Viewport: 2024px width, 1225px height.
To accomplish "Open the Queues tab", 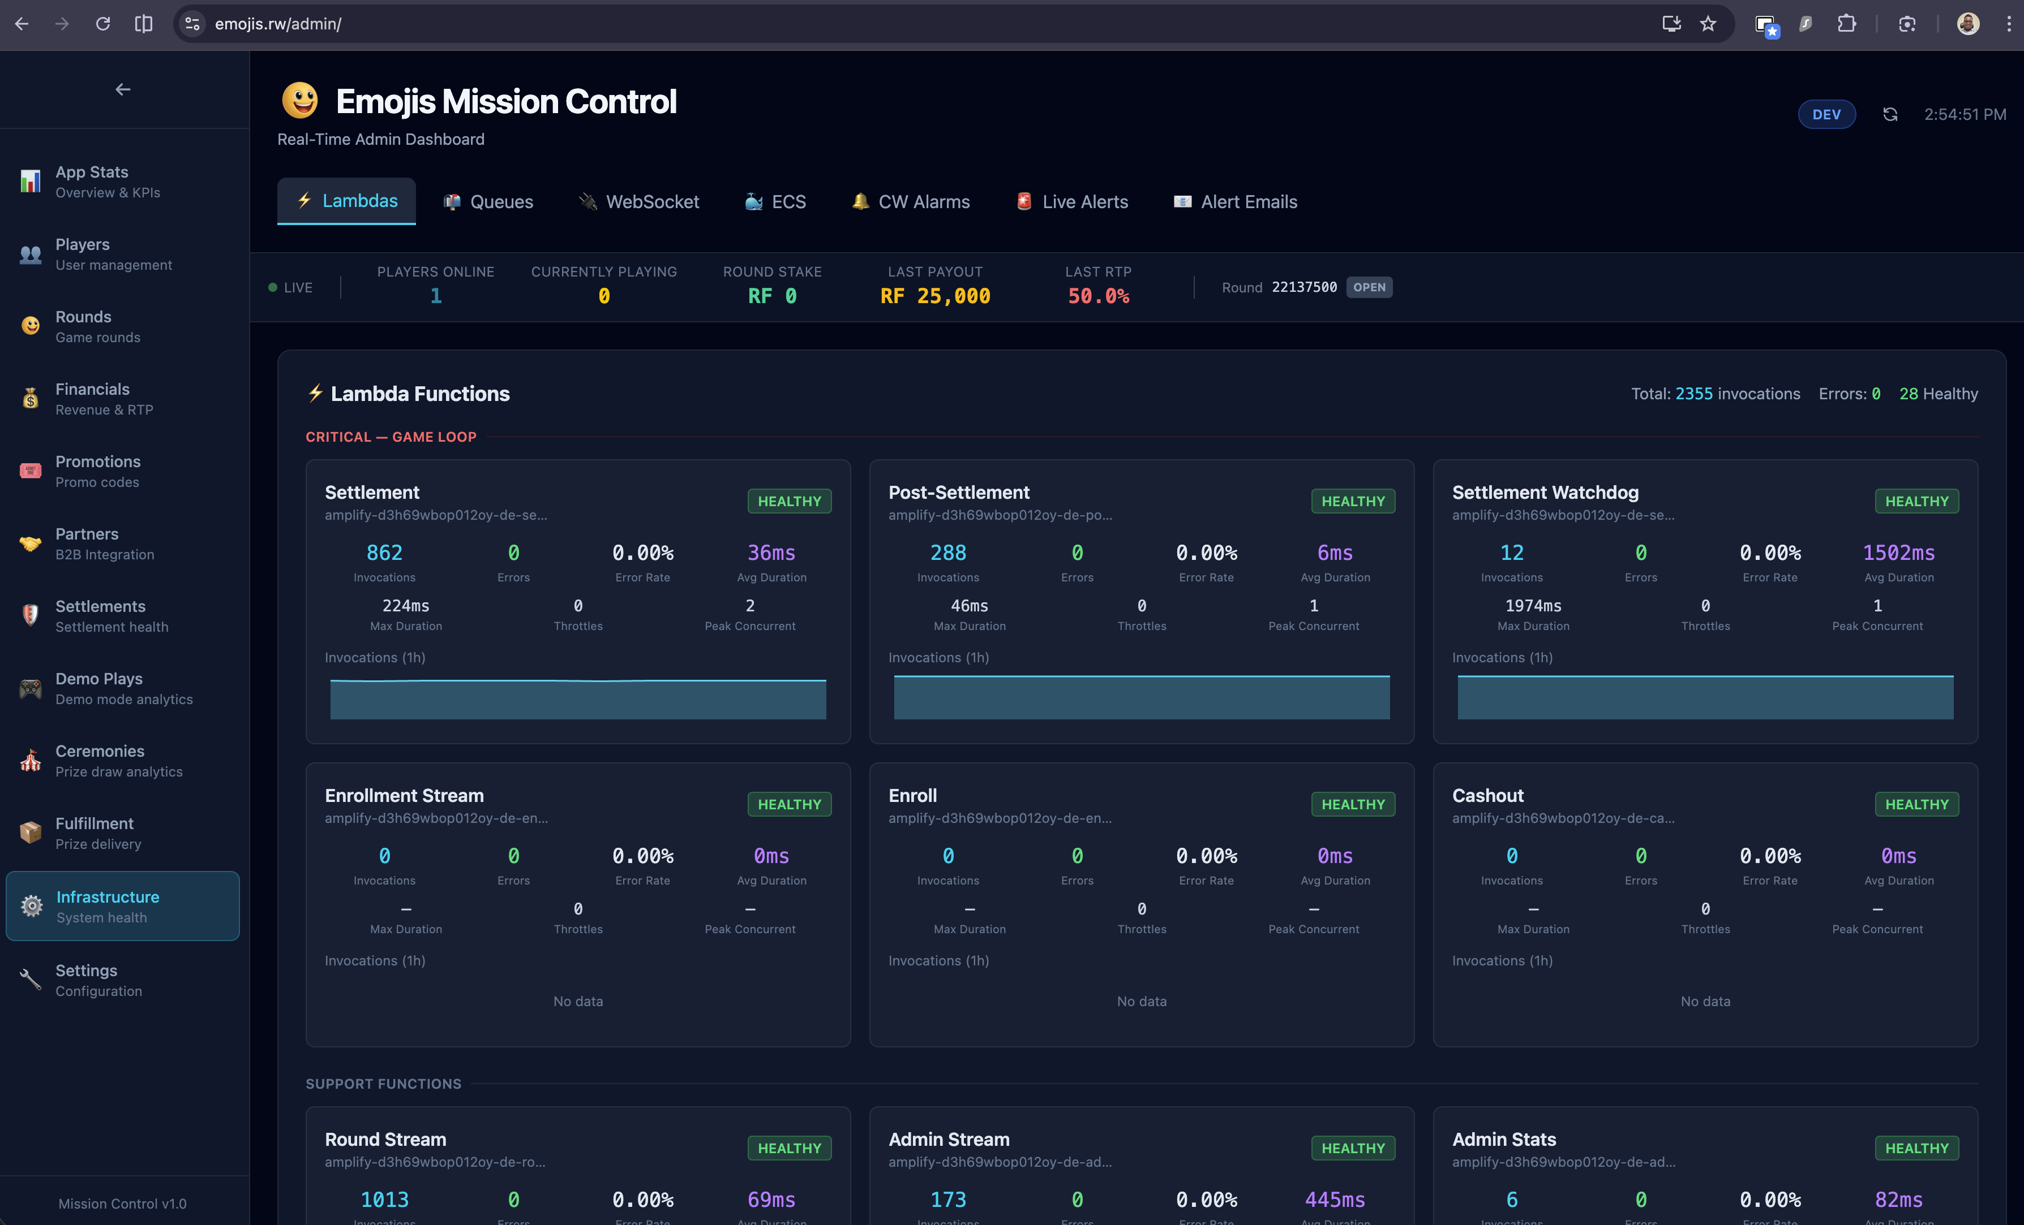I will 489,202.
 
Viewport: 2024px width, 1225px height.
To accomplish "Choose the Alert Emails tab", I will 1236,202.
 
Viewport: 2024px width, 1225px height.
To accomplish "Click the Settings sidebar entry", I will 86,980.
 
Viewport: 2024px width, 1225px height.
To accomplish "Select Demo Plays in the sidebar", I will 98,688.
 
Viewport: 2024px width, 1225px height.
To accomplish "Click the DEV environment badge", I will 1826,115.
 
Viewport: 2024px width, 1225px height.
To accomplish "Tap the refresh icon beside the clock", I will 1890,115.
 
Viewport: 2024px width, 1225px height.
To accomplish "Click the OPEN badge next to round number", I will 1369,287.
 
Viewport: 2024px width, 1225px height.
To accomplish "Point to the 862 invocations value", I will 384,553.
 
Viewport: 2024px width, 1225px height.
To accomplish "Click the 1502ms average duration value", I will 1898,553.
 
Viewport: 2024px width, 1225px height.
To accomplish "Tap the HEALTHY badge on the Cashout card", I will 1916,805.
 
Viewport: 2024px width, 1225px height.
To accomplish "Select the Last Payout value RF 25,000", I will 935,296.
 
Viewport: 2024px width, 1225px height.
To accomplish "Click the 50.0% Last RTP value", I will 1098,296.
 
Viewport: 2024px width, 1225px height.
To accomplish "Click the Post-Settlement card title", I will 959,493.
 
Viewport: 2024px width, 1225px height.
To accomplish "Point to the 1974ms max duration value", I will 1533,606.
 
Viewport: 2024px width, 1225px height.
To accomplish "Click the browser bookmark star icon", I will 1708,24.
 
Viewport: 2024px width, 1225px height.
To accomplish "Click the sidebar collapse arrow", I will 123,89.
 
